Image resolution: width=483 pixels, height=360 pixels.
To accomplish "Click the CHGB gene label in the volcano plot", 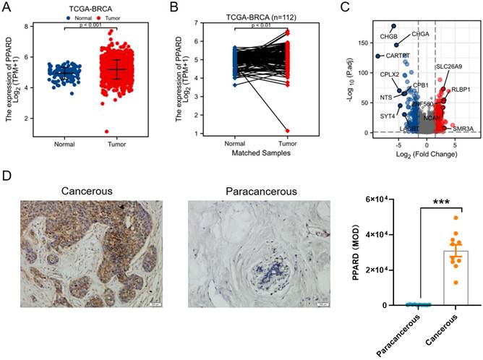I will [x=388, y=35].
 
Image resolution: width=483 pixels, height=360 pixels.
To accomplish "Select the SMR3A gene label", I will [x=463, y=127].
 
